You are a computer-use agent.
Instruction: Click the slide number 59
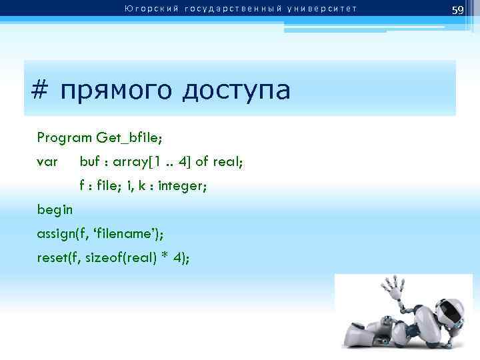(457, 10)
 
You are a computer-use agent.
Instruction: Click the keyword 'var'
(47, 162)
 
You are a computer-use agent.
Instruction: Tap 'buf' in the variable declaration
(90, 162)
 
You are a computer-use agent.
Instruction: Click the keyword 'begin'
(55, 209)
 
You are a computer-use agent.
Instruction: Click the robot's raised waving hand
(389, 289)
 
